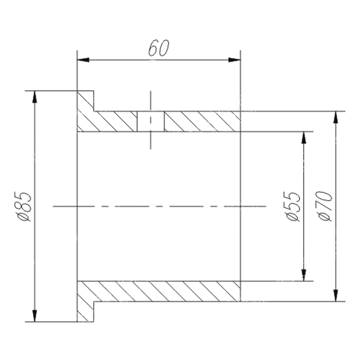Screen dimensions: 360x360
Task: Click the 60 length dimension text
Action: pos(158,48)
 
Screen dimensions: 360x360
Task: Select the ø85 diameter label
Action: pos(25,206)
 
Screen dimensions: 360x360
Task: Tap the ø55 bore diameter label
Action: pos(293,206)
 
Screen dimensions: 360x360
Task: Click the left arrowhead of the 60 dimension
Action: pos(83,60)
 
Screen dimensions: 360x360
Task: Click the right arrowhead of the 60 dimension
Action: pos(234,60)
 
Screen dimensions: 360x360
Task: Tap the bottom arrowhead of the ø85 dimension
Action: pos(34,316)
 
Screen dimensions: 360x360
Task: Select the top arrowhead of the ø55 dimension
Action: pos(304,138)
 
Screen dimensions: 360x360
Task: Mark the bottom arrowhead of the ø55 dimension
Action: pos(304,275)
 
